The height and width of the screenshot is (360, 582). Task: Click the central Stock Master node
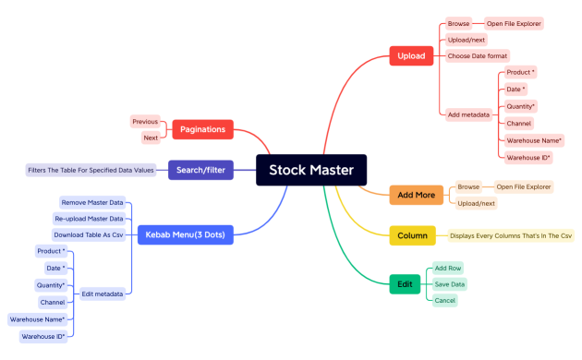[x=311, y=170]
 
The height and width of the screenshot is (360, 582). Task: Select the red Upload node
[x=411, y=55]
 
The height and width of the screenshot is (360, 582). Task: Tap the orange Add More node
[x=418, y=195]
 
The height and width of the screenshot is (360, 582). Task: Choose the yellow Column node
[x=412, y=235]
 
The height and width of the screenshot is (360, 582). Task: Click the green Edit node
[x=405, y=284]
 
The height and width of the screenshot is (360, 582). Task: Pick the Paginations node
[x=202, y=129]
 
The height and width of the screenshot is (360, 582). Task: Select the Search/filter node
[x=198, y=170]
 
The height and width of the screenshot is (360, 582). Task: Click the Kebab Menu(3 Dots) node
[x=184, y=234]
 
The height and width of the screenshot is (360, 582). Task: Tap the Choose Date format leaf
[x=477, y=56]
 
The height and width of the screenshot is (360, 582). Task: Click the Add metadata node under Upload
[x=468, y=114]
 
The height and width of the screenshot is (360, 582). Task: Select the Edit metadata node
[x=102, y=294]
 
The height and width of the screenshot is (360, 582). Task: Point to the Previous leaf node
[x=145, y=121]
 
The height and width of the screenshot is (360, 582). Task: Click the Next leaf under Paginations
[x=151, y=138]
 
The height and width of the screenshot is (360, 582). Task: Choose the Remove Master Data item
[x=91, y=202]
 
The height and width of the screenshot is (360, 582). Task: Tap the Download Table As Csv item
[x=88, y=234]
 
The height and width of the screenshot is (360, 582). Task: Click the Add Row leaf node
[x=448, y=268]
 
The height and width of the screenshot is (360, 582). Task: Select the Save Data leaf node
[x=450, y=284]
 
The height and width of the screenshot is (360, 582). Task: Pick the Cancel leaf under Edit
[x=444, y=300]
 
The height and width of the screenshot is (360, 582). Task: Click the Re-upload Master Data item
[x=88, y=219]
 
